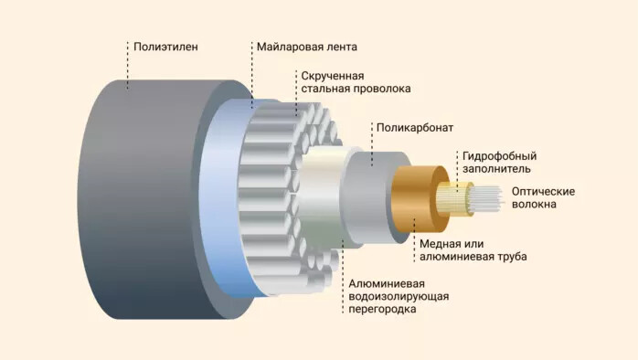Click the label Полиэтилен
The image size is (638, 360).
tap(165, 46)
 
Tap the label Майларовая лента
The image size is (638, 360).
tap(306, 46)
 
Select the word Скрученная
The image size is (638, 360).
tap(330, 75)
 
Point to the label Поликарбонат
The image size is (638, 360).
tap(415, 128)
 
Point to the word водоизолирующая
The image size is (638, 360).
tap(399, 296)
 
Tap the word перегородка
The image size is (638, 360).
tap(383, 311)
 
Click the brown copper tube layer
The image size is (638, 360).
tap(411, 197)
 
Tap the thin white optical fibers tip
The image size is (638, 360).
tap(489, 196)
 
